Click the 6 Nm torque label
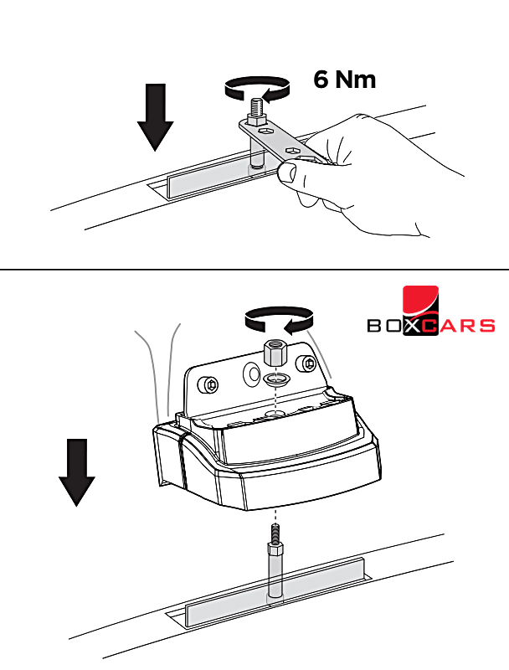click(x=345, y=79)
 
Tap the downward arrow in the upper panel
click(x=156, y=117)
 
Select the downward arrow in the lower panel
click(x=77, y=472)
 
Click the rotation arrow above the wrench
click(x=257, y=89)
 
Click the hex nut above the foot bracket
click(x=275, y=352)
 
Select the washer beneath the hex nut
click(x=275, y=379)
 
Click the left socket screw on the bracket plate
click(x=208, y=384)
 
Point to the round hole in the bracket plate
click(x=251, y=374)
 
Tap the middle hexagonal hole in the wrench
click(x=292, y=150)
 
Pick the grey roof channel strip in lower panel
click(x=275, y=593)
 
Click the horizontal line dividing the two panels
click(x=254, y=270)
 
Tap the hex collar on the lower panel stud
click(x=276, y=549)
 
